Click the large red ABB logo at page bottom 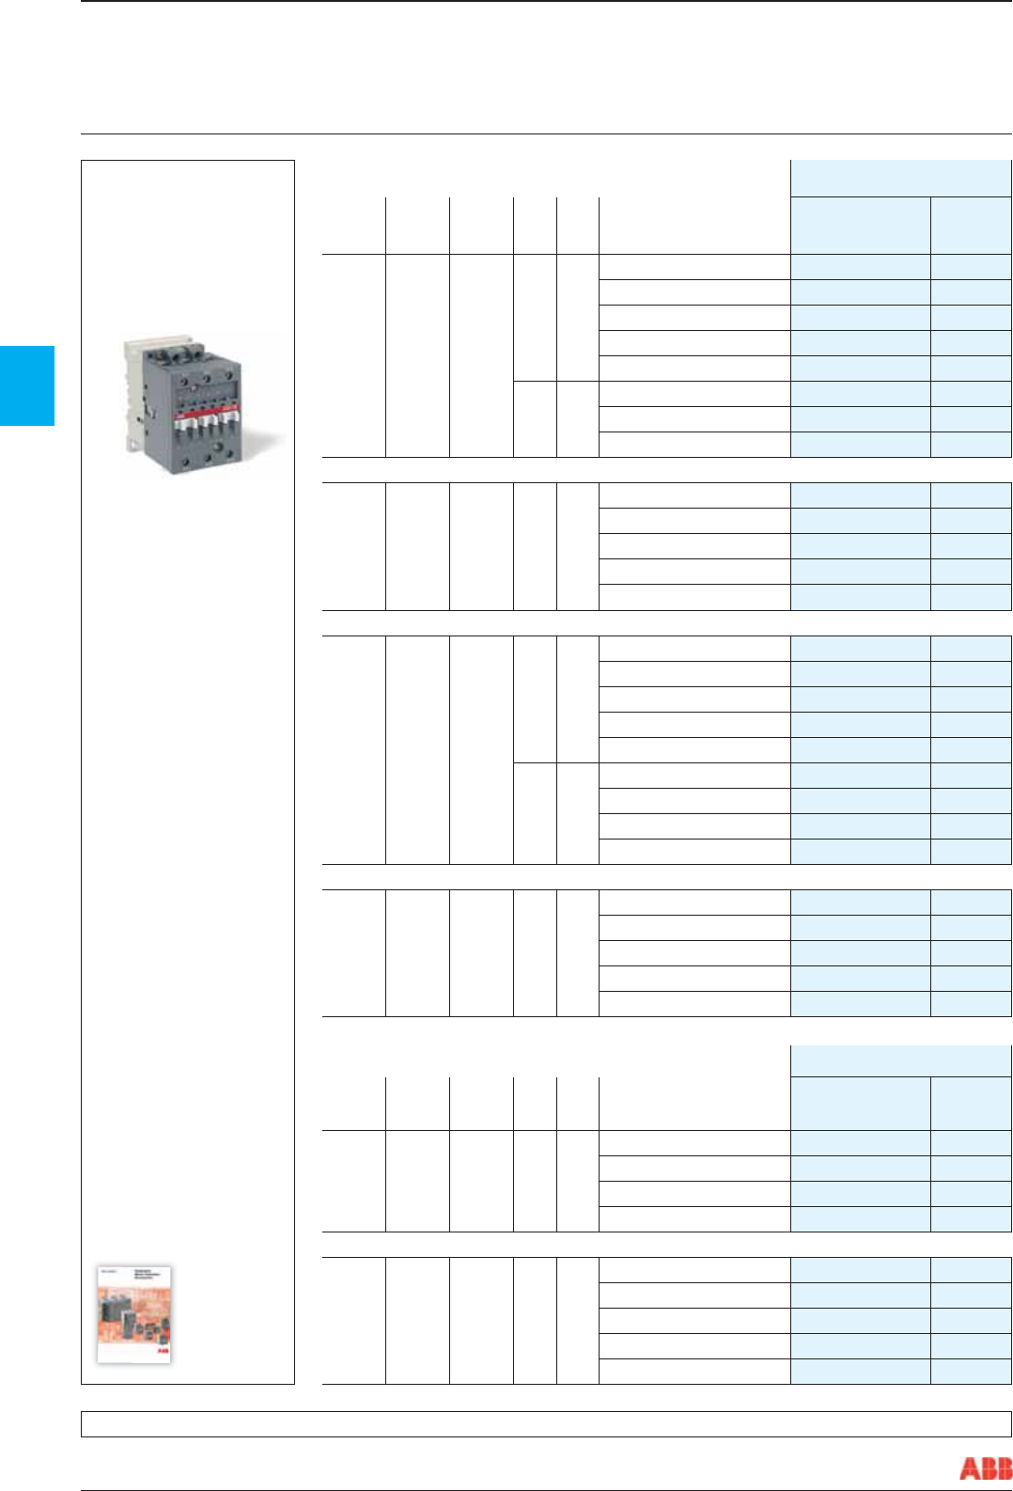click(985, 1467)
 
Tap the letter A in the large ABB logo click(969, 1467)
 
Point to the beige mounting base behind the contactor click(132, 395)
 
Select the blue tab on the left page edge click(26, 385)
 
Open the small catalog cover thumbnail click(134, 1314)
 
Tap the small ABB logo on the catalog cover click(162, 1351)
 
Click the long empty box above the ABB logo click(546, 1423)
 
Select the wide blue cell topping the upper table click(900, 178)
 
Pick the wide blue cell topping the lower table click(900, 1060)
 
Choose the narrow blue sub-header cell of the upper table click(971, 225)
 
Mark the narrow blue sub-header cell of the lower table click(971, 1103)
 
